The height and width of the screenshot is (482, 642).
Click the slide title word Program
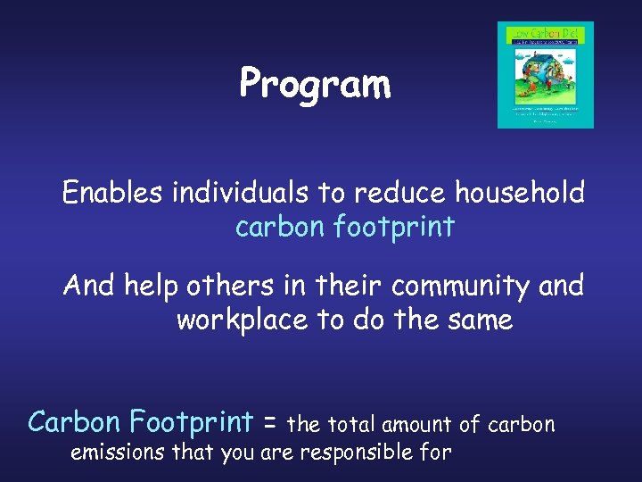point(315,86)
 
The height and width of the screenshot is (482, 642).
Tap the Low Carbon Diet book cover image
point(545,75)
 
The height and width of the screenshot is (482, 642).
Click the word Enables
point(112,193)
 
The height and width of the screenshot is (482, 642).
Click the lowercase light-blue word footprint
point(393,228)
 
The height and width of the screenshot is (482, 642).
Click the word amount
point(418,424)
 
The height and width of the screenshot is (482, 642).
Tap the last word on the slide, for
point(435,453)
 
